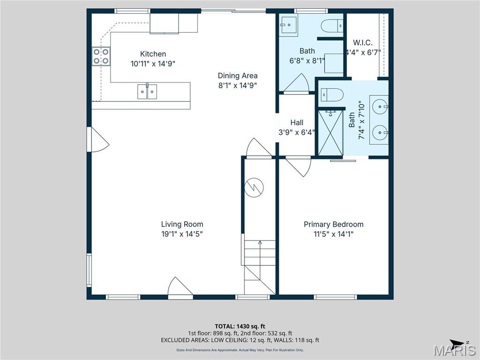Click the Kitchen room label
point(153,54)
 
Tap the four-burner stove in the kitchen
point(101,56)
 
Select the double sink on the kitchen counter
point(147,91)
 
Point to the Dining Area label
point(237,75)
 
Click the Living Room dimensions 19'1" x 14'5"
point(182,234)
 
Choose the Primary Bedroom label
point(333,225)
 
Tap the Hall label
point(296,123)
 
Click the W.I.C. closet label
point(362,43)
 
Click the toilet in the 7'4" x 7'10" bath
point(332,95)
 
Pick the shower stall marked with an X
point(331,133)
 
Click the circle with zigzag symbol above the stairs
point(255,187)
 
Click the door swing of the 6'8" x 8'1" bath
point(296,84)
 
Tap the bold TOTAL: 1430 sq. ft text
point(240,326)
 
